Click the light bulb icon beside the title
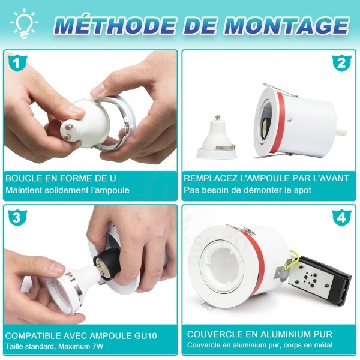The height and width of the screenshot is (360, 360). click(x=24, y=24)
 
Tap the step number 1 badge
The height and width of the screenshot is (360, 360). click(x=17, y=62)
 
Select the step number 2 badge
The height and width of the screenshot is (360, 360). click(x=341, y=62)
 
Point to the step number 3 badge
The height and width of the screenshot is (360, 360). click(x=17, y=217)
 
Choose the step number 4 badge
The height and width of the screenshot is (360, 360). click(x=341, y=217)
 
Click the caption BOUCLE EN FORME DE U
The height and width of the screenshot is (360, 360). click(x=61, y=178)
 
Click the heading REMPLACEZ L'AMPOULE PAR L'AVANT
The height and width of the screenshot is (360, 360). click(x=266, y=178)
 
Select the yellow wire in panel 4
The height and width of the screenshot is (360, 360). click(x=293, y=259)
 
